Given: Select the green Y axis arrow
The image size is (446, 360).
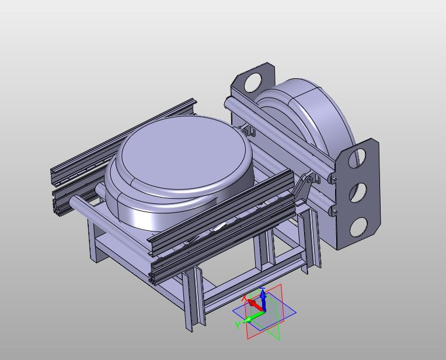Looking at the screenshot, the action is click(254, 317).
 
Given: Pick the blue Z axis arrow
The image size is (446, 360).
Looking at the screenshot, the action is click(263, 300).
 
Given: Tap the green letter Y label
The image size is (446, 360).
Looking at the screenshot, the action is click(238, 324).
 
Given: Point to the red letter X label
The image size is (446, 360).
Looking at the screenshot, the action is click(245, 298).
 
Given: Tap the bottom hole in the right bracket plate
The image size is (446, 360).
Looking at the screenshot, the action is click(358, 227).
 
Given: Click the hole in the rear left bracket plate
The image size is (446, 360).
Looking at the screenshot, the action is click(253, 82).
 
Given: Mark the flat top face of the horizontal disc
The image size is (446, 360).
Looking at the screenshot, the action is click(184, 153).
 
